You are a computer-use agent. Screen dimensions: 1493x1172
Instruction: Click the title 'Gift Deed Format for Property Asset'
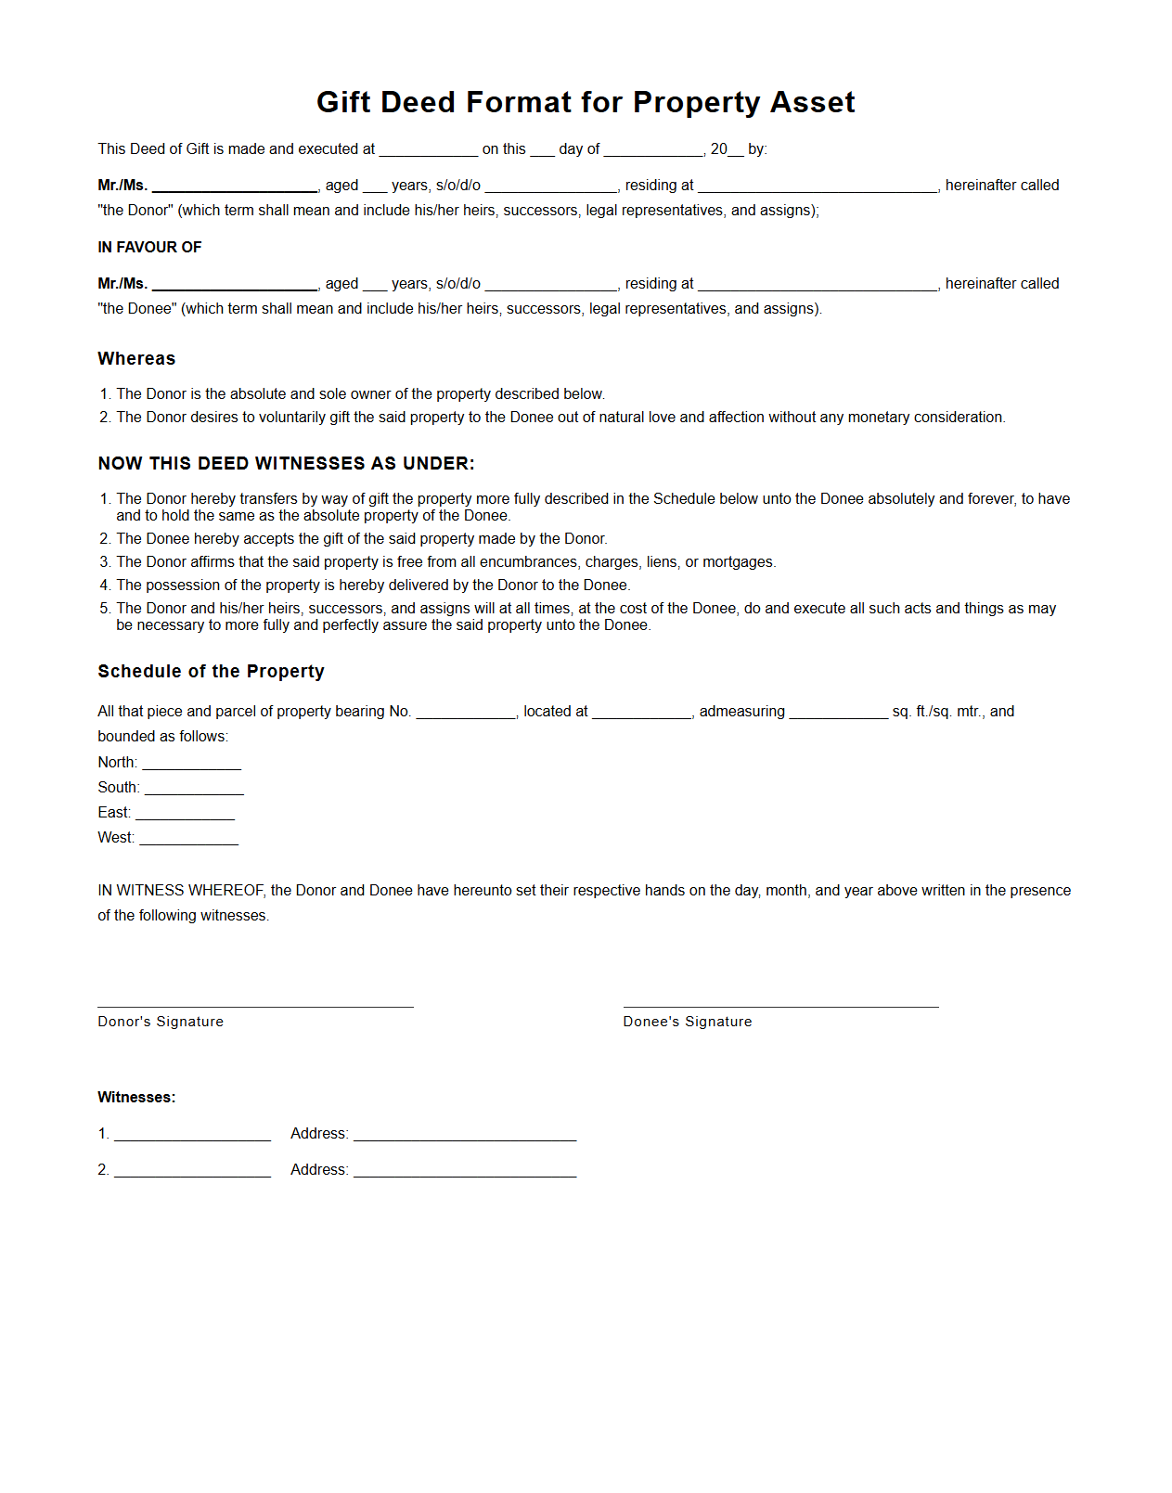[586, 102]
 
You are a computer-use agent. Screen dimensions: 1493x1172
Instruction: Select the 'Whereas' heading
[136, 359]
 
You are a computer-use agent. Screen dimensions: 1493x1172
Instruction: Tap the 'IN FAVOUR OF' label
[149, 248]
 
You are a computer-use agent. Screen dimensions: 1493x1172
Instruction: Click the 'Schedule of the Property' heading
[211, 672]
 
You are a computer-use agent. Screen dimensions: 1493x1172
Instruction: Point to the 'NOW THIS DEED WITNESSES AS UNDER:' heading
[286, 464]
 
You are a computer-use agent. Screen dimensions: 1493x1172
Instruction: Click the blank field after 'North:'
[191, 765]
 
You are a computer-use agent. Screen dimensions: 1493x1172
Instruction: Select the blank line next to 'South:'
[194, 790]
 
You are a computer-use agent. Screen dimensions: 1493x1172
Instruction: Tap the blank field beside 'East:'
[185, 815]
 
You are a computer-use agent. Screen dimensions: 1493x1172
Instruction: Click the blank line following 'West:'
[188, 840]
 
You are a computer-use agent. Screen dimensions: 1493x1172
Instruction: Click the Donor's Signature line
[255, 1002]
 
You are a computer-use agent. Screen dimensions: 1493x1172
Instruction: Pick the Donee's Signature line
[780, 1002]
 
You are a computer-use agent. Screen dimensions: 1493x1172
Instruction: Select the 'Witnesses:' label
[136, 1098]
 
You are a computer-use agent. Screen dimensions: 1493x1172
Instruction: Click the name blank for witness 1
[192, 1135]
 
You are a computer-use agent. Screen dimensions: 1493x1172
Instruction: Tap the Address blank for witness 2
[465, 1171]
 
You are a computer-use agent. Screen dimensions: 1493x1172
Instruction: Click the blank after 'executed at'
[428, 151]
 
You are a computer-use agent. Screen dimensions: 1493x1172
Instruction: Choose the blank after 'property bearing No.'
[465, 714]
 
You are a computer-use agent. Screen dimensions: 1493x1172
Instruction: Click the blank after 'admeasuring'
[838, 714]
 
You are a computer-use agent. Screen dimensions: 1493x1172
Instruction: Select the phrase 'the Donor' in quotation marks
[136, 211]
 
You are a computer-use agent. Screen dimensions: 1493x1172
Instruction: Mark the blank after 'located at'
[641, 714]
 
